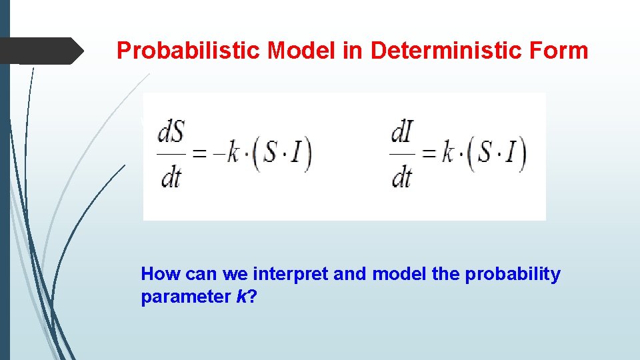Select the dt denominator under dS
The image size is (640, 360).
point(171,177)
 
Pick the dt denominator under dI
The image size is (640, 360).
point(401,177)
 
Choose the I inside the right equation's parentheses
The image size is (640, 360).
point(510,155)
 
